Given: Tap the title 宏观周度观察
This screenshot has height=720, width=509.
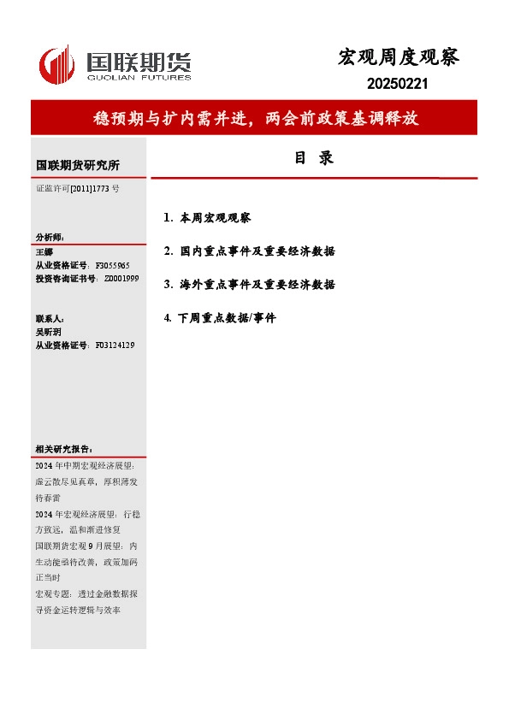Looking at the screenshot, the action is coord(399,57).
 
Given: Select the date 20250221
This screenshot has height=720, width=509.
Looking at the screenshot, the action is coord(397,85).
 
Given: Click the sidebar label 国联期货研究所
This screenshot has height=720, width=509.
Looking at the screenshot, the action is coord(78,165).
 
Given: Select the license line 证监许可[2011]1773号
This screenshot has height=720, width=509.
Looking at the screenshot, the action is coord(78,188).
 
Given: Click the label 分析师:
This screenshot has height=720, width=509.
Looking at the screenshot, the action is coord(50,238).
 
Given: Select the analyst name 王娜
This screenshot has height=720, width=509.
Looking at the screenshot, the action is coord(44,252).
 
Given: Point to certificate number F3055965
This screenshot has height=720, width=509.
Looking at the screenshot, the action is coord(112,266).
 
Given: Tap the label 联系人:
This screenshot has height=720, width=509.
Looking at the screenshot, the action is coord(50,318).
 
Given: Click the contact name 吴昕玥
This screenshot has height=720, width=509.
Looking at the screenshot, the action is coord(49,331).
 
